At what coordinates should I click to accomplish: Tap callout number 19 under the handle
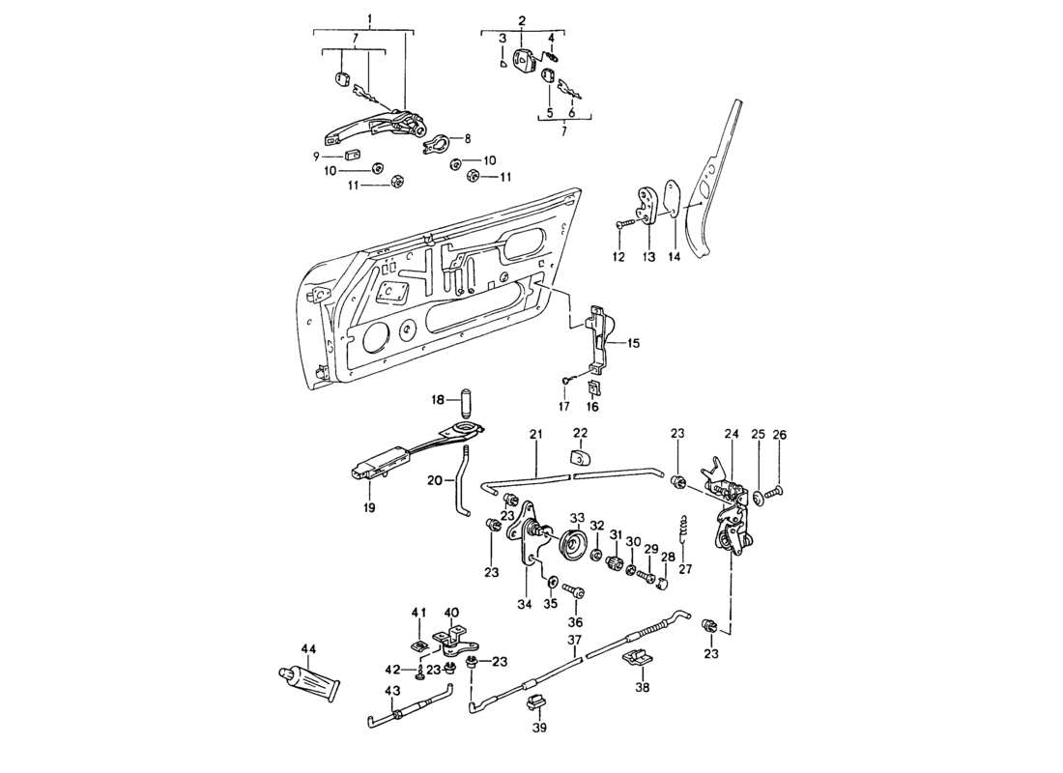[x=369, y=506]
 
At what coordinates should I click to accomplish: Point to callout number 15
[x=633, y=343]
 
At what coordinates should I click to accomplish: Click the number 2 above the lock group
[x=522, y=20]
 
